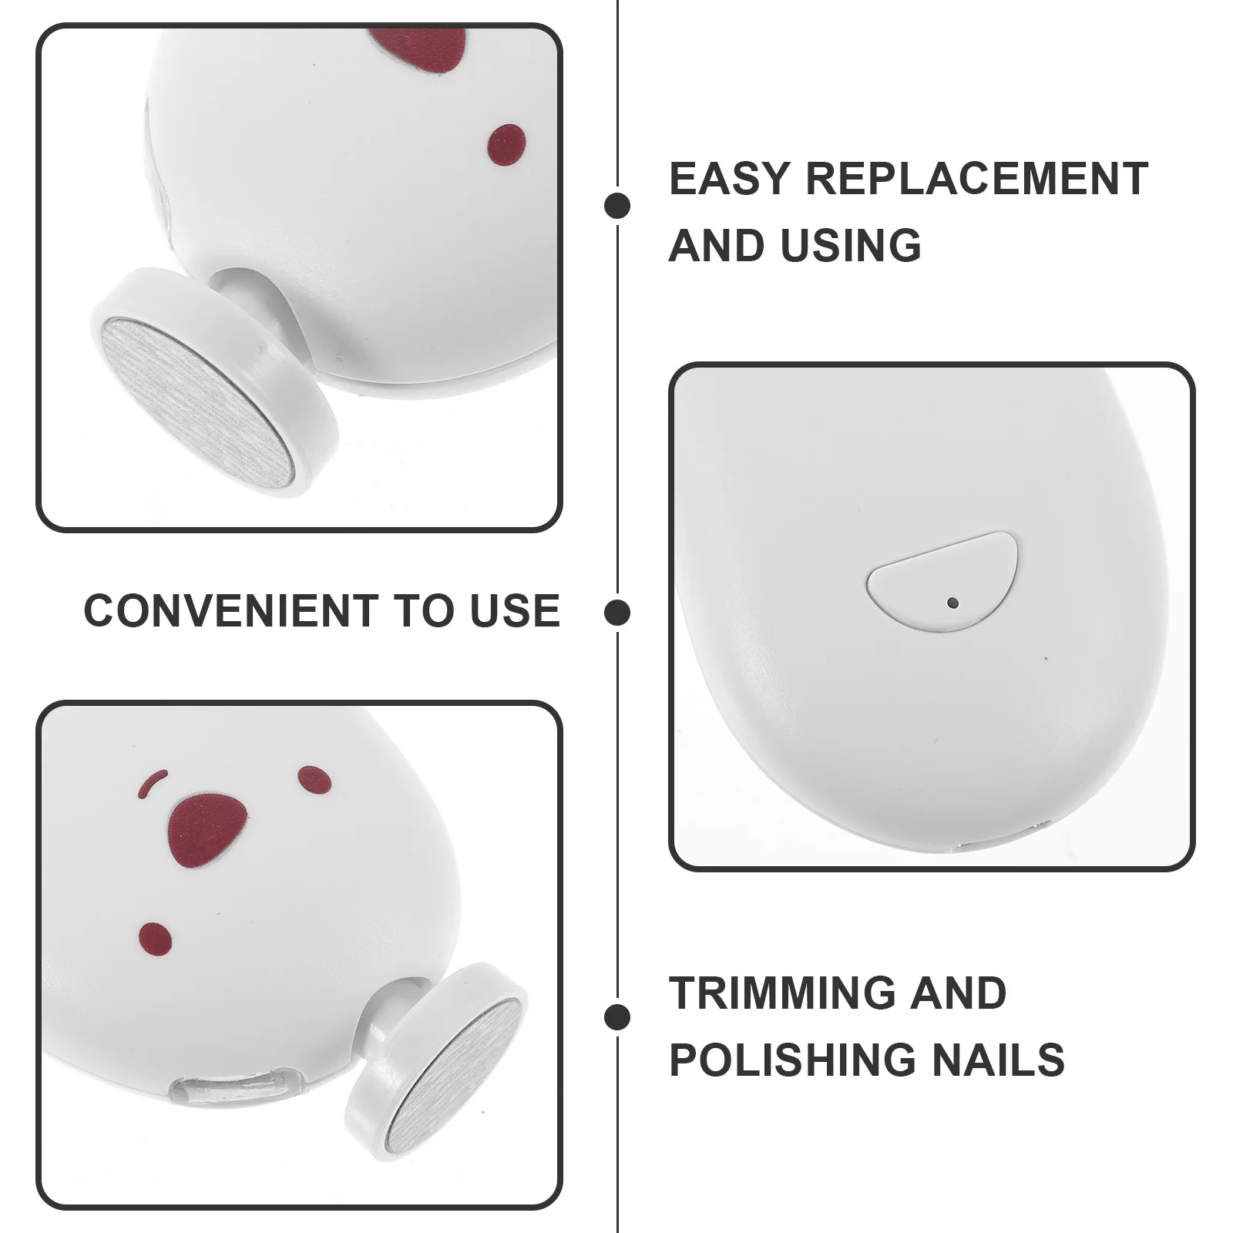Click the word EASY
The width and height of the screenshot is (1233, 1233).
(728, 179)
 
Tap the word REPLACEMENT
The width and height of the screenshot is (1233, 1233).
(977, 179)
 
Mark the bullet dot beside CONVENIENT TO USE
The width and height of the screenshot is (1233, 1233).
(617, 613)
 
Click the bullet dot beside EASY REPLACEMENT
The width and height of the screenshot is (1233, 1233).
(617, 206)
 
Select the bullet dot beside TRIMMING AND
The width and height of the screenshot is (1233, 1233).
(617, 1017)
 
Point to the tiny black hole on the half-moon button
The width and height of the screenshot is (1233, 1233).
(953, 602)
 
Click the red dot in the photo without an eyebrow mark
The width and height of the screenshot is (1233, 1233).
(507, 145)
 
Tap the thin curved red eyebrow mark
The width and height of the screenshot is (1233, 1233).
(153, 783)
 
